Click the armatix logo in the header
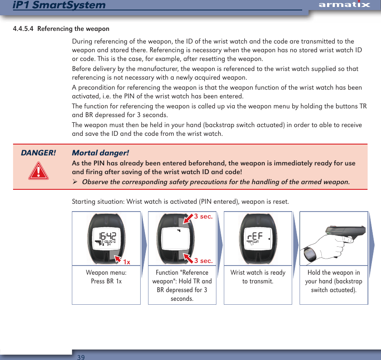click(344, 5)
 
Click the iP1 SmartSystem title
click(59, 5)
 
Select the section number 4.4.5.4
click(24, 29)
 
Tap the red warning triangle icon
click(38, 171)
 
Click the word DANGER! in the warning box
click(38, 153)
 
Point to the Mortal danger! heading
click(100, 153)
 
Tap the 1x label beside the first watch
click(127, 262)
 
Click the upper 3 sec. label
click(203, 216)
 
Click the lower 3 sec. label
click(203, 261)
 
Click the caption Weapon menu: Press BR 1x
click(106, 277)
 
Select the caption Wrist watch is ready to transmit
click(258, 277)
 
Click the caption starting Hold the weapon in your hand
click(334, 281)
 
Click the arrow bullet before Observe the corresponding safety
click(75, 182)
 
